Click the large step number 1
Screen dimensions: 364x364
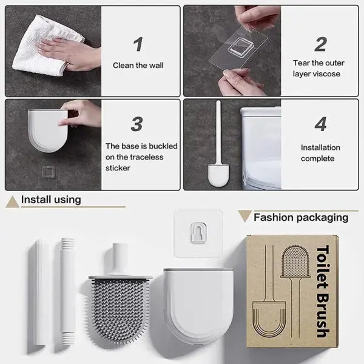(138, 44)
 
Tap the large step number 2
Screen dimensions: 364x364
(320, 44)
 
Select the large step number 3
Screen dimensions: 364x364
(137, 123)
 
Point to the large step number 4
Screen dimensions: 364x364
(320, 123)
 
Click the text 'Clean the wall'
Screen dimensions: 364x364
(138, 65)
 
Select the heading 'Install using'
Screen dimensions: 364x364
(51, 199)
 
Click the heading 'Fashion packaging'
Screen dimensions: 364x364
(301, 217)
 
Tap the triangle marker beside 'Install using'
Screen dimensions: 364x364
(12, 200)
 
